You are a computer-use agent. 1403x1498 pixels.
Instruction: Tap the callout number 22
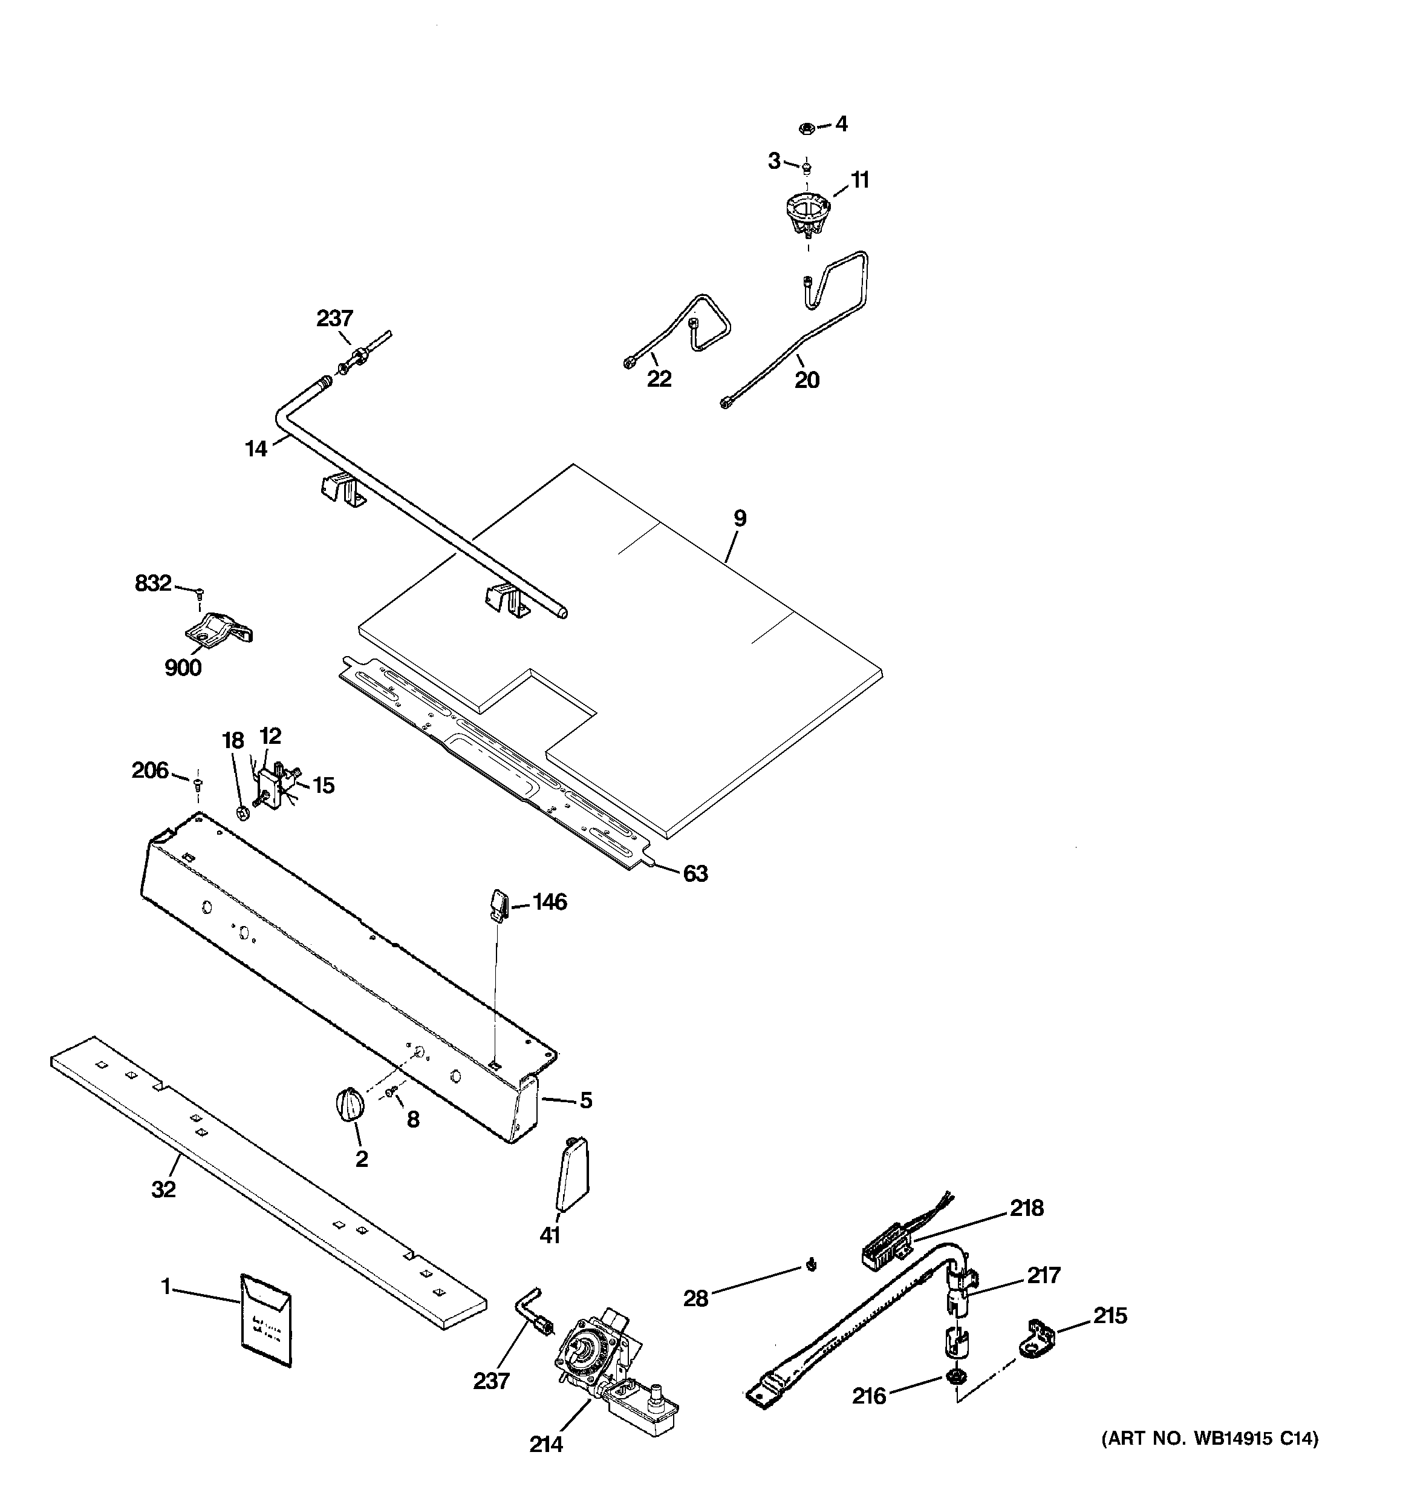pyautogui.click(x=659, y=378)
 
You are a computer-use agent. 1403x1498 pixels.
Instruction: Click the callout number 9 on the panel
pyautogui.click(x=740, y=519)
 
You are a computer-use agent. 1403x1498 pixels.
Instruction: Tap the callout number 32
pyautogui.click(x=163, y=1190)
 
